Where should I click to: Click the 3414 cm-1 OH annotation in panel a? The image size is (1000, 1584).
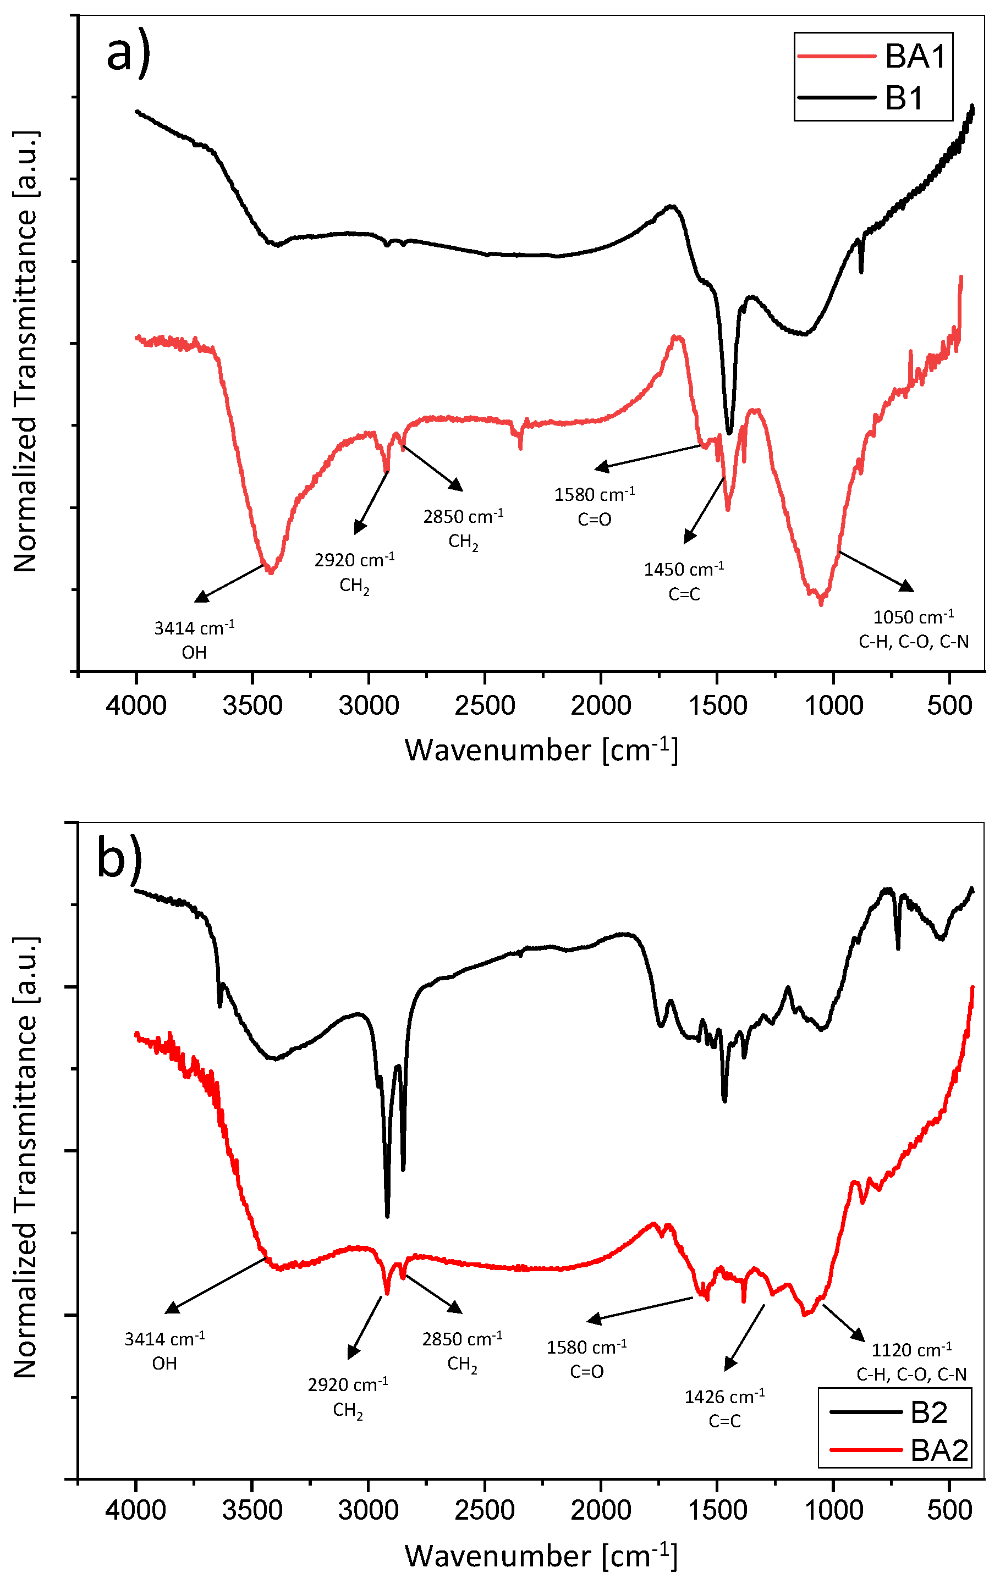point(194,639)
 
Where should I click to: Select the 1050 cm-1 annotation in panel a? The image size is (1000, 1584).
point(914,629)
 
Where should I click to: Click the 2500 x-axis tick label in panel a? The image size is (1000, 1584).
point(485,706)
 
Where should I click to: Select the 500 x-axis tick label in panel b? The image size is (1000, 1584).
point(949,1510)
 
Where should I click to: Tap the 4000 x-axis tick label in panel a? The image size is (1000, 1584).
point(136,706)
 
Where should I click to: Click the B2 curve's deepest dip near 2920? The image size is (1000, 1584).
point(387,1216)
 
